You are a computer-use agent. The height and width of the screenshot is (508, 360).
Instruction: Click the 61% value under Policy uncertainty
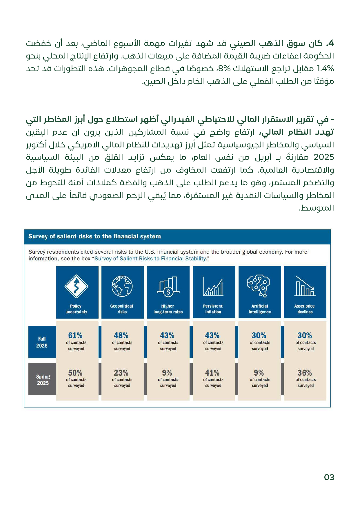(x=75, y=335)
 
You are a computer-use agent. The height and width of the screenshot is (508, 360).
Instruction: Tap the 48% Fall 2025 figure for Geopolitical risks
(x=121, y=335)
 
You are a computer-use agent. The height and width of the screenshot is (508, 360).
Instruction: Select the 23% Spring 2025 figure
(x=121, y=373)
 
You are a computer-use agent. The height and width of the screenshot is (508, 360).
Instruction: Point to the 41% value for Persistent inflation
(x=212, y=373)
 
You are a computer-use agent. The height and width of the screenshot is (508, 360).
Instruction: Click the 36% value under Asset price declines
(x=305, y=373)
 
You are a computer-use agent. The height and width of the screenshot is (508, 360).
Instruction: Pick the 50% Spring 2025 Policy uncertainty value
(x=75, y=373)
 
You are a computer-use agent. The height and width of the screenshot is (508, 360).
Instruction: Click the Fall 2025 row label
(x=42, y=342)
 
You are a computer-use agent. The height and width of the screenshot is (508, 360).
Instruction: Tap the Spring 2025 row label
(x=43, y=380)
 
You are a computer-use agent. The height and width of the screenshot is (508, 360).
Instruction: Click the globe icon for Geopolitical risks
(x=122, y=286)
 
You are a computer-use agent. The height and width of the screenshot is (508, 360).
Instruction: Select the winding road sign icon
(x=76, y=286)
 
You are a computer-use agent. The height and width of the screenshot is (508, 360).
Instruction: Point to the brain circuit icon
(x=259, y=286)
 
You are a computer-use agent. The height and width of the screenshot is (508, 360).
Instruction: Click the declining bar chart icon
(x=305, y=287)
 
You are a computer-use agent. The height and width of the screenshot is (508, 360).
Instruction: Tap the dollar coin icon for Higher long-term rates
(x=168, y=292)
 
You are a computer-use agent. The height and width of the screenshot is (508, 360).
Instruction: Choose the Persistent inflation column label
(x=213, y=309)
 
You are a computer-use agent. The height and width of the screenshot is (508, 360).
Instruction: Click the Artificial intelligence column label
(x=260, y=309)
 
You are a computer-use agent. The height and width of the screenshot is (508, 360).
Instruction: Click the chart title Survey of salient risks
(x=94, y=236)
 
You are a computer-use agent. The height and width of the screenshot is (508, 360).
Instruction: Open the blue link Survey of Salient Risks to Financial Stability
(x=151, y=259)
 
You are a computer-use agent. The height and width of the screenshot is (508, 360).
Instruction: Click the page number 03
(x=329, y=477)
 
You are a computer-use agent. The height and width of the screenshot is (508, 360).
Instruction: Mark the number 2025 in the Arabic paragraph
(x=323, y=157)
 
